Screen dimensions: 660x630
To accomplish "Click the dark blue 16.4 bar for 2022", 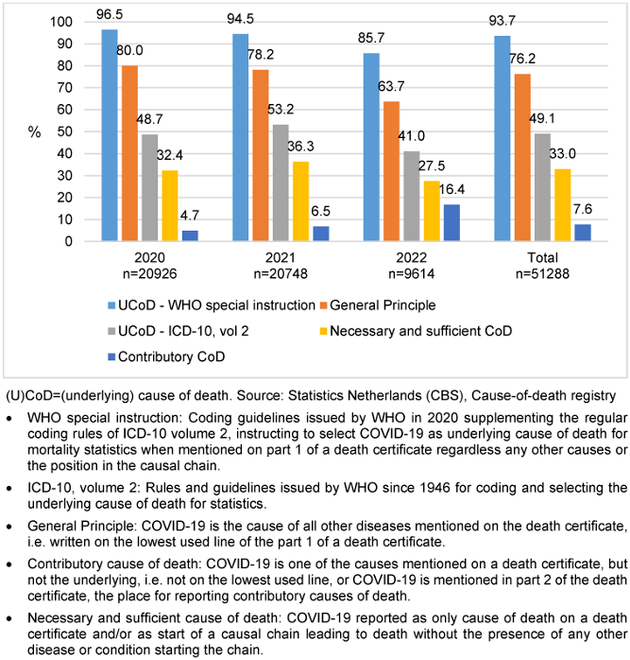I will (x=453, y=223).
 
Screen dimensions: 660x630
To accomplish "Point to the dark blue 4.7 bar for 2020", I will (x=189, y=235).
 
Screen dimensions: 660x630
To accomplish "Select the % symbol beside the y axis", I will (x=34, y=132).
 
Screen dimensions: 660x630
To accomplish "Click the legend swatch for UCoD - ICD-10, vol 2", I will (x=112, y=332).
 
